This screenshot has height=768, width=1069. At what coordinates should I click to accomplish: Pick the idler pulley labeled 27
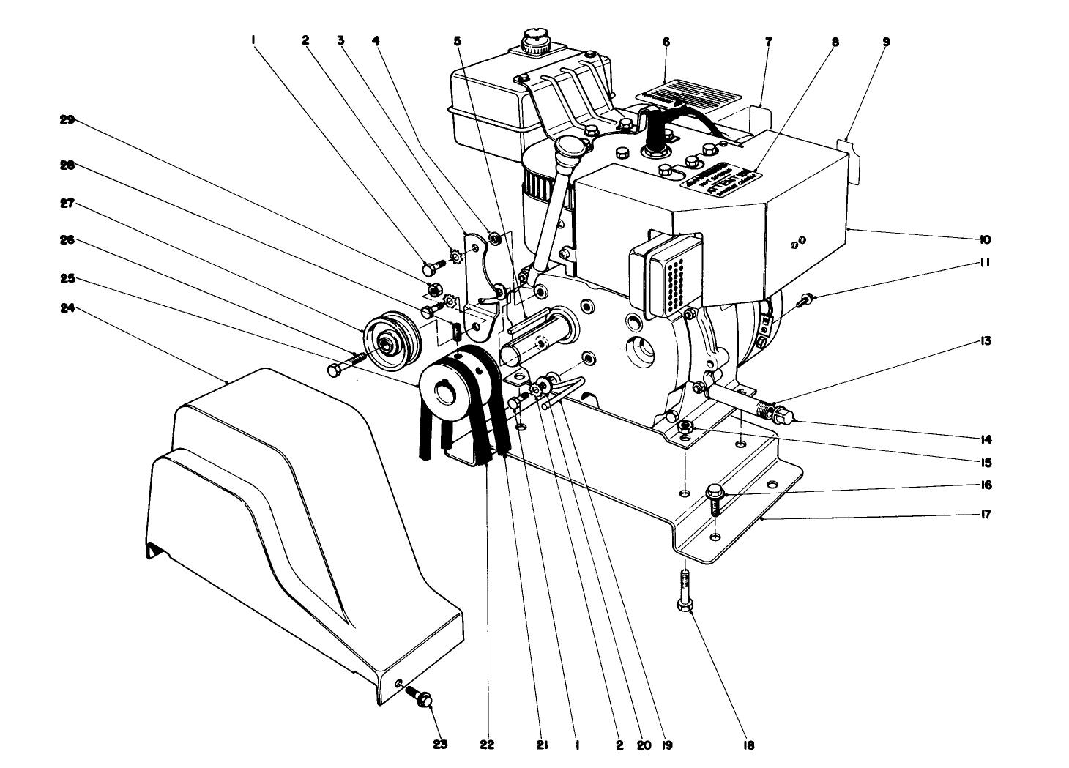tap(392, 342)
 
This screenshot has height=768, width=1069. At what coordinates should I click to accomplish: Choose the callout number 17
tap(986, 515)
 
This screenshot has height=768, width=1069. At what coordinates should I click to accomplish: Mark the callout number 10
tap(986, 239)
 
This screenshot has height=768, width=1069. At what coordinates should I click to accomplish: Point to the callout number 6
tap(666, 42)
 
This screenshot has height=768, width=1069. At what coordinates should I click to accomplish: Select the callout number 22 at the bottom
tap(487, 745)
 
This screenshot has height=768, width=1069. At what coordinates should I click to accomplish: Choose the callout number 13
tap(986, 341)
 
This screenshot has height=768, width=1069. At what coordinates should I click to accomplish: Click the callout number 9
tap(886, 42)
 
